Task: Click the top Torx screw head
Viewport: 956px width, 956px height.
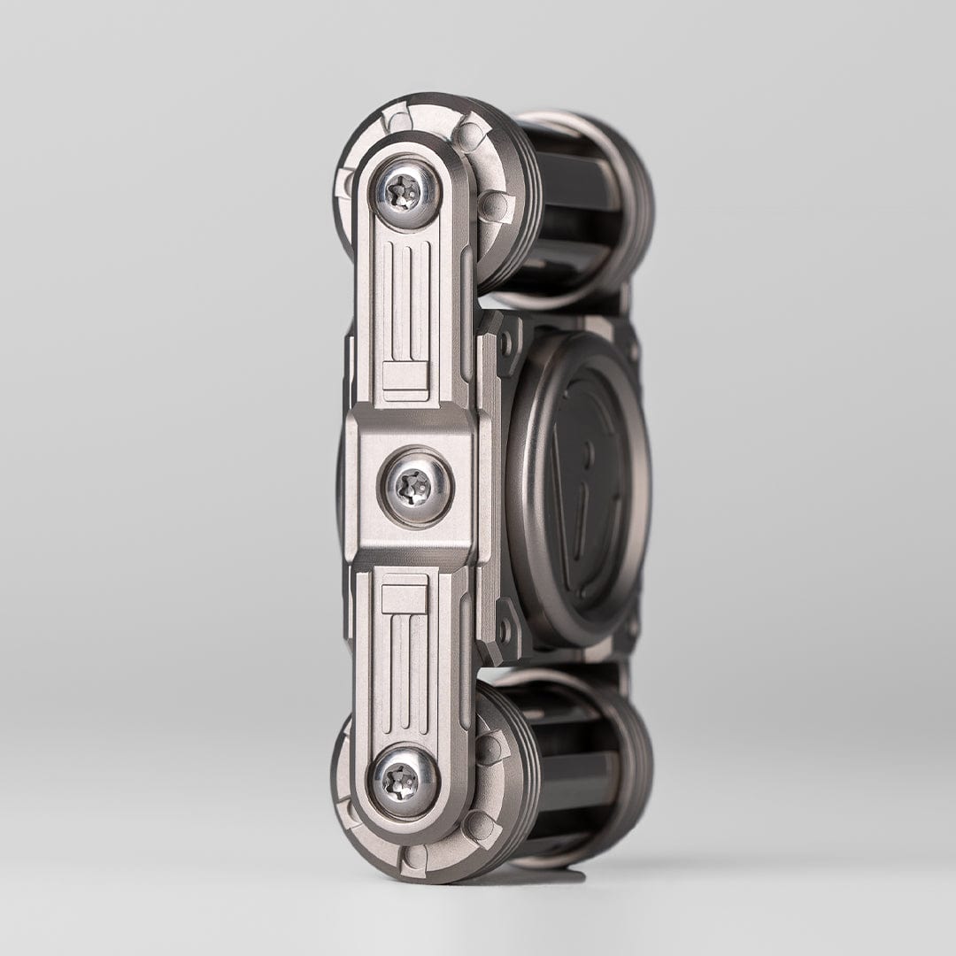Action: [x=406, y=192]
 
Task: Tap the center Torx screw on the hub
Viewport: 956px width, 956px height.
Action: [x=414, y=487]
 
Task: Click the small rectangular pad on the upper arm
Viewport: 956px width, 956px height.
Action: [x=405, y=380]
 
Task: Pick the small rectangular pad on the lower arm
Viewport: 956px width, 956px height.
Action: [x=405, y=594]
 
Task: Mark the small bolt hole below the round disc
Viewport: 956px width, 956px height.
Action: [x=506, y=629]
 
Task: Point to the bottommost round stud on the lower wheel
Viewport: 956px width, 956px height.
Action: [x=412, y=856]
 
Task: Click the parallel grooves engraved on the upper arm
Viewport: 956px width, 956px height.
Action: [x=406, y=301]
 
